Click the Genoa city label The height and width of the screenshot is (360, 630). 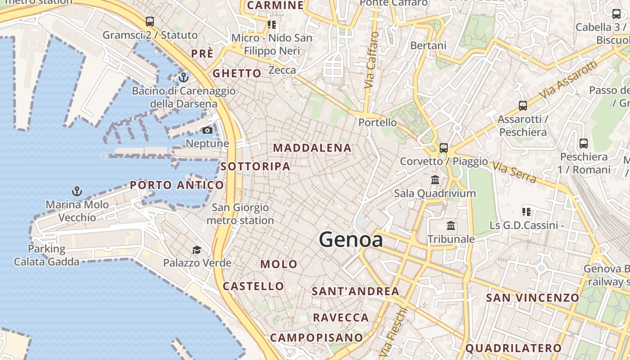pos(351,239)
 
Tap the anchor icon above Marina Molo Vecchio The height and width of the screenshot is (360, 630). pos(77,192)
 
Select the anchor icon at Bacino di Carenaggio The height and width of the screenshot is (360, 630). pos(183,77)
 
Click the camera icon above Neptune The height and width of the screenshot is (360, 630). pos(207,130)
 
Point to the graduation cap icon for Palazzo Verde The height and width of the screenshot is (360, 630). pos(197,250)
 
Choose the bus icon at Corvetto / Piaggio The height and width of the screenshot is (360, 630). pos(444,148)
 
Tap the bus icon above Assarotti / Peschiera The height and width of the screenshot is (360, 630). pos(522,106)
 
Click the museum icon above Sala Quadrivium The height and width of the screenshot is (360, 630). pos(435,180)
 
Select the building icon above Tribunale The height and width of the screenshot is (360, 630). pos(451,225)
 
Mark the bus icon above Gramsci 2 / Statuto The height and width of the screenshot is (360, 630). pos(150,22)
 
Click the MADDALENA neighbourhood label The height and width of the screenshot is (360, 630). pos(312,148)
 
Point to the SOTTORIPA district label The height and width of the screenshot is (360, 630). pos(255,166)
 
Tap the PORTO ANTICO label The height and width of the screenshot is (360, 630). pos(177,185)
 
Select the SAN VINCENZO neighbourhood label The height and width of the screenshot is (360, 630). pos(532,297)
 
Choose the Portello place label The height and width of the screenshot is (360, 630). pos(378,122)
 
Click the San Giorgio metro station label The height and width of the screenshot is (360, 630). pos(240,214)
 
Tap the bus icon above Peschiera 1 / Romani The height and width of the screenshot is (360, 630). pos(584,144)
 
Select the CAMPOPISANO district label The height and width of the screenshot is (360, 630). pos(316,337)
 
